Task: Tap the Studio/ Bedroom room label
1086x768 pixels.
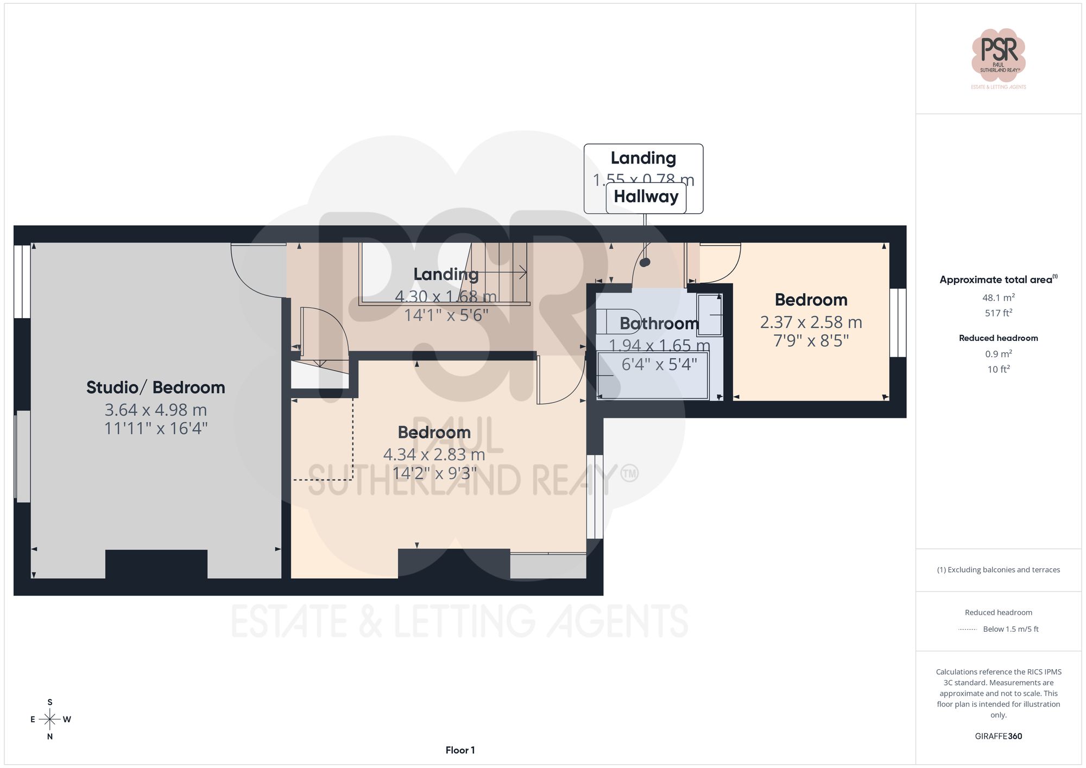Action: [156, 388]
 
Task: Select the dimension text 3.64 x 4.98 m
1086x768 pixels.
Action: [156, 410]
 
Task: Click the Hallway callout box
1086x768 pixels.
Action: [646, 196]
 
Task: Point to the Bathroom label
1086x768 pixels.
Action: [659, 323]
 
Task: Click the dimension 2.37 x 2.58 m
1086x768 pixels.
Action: [811, 322]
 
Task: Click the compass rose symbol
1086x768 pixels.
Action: [50, 720]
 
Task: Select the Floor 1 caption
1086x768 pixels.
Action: [460, 750]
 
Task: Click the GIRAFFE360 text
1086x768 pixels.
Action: [998, 737]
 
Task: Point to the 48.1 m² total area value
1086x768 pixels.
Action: [998, 297]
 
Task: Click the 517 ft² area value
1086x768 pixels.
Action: [998, 313]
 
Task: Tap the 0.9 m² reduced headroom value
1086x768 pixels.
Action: [998, 354]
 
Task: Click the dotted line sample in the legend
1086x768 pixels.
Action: [968, 630]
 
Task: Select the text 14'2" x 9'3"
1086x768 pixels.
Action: [434, 473]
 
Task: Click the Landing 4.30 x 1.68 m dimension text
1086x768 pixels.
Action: [445, 296]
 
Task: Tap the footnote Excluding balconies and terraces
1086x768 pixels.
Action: [998, 570]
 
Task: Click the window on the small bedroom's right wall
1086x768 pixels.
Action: [898, 322]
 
